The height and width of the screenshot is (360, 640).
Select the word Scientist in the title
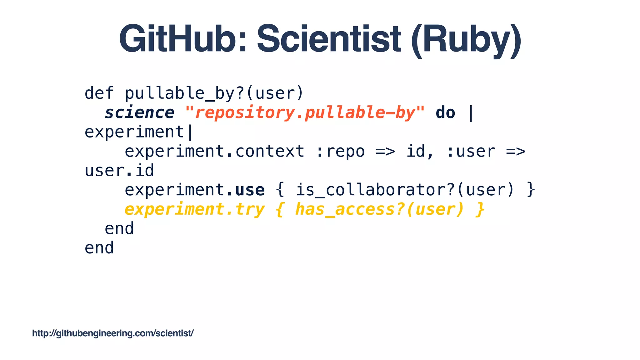pyautogui.click(x=329, y=39)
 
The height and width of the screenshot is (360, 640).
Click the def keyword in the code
pyautogui.click(x=99, y=93)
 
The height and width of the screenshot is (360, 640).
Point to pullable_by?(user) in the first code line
pyautogui.click(x=214, y=93)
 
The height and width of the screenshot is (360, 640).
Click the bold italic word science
pyautogui.click(x=139, y=112)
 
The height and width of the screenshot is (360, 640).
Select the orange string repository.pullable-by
pyautogui.click(x=305, y=112)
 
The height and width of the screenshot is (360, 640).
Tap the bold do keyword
pyautogui.click(x=445, y=112)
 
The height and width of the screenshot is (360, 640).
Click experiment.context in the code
pyautogui.click(x=214, y=151)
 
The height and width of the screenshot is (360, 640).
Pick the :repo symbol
pyautogui.click(x=340, y=151)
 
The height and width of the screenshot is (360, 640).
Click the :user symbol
pyautogui.click(x=471, y=151)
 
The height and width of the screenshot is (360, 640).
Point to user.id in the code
pyautogui.click(x=119, y=171)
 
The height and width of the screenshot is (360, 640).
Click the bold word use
pyautogui.click(x=250, y=190)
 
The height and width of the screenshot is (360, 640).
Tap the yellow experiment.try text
pyautogui.click(x=194, y=209)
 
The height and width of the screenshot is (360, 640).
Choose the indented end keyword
pyautogui.click(x=119, y=228)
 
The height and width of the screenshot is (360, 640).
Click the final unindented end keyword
pyautogui.click(x=99, y=248)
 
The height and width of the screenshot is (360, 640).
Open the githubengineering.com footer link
pyautogui.click(x=113, y=333)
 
